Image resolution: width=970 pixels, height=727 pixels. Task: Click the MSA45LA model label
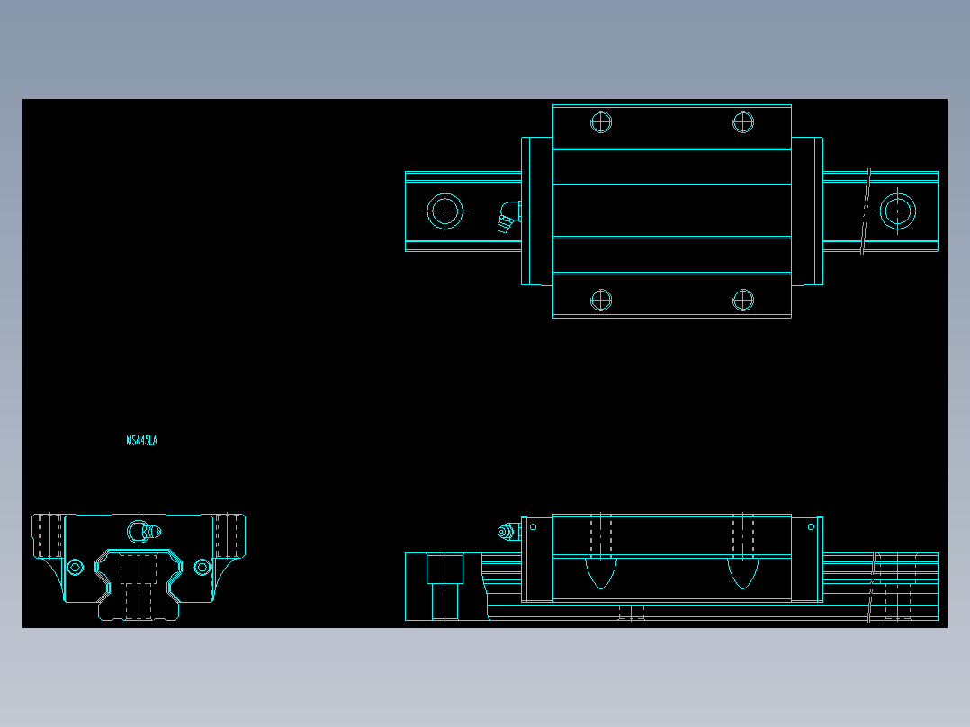[142, 441]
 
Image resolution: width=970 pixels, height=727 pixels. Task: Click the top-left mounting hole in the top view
[601, 121]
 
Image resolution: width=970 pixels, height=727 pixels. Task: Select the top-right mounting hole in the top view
[742, 121]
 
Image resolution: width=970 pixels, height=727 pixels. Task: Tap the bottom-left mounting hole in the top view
[601, 300]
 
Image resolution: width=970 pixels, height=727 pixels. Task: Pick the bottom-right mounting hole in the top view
[742, 300]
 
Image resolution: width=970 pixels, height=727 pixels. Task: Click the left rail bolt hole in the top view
[445, 211]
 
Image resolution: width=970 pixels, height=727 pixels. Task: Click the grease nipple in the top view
[508, 217]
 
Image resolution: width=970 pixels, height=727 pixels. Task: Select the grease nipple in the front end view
[141, 532]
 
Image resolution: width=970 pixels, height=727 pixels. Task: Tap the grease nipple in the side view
[507, 533]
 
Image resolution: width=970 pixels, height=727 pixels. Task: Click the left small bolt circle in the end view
[75, 567]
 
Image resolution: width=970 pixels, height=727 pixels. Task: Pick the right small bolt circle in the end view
[202, 567]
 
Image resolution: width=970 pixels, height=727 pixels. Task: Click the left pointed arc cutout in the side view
[601, 573]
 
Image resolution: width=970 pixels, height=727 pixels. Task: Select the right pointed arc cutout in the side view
[742, 573]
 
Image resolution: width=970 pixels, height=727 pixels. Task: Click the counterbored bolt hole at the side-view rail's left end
[445, 586]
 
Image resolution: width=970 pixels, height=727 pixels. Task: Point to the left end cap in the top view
[536, 211]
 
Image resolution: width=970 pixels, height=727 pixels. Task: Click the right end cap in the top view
[807, 211]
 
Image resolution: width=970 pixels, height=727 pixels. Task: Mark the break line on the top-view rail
[867, 211]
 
